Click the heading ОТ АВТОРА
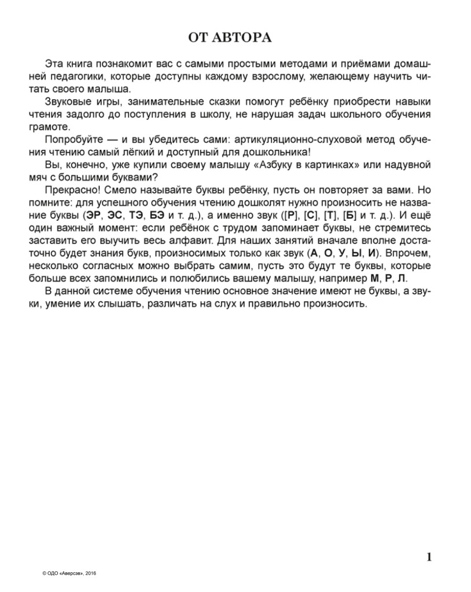click(230, 38)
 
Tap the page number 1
click(429, 557)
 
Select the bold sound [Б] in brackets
click(350, 215)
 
